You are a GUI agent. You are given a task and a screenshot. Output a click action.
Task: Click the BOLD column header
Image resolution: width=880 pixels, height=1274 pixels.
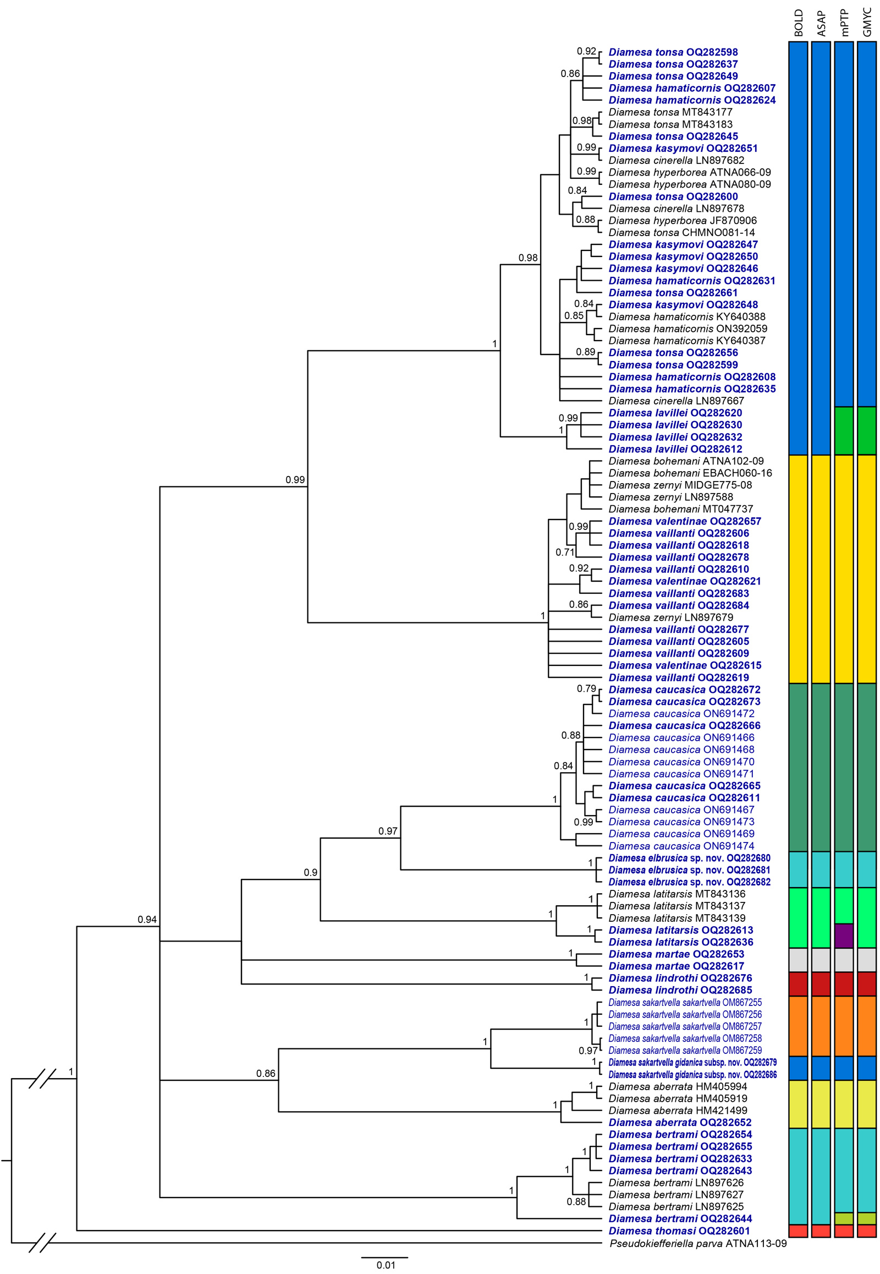(799, 23)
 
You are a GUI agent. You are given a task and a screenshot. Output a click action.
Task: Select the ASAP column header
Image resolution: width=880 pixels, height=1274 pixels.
(822, 24)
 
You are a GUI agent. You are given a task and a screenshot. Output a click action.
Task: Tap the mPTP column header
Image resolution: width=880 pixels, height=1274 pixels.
(844, 23)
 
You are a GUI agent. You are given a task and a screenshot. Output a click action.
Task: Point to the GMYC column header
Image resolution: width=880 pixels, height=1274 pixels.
(867, 23)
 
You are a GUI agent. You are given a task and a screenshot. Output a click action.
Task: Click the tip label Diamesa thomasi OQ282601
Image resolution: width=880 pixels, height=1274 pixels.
(679, 1231)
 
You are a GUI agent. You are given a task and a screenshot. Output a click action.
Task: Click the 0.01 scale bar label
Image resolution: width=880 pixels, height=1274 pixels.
(386, 1265)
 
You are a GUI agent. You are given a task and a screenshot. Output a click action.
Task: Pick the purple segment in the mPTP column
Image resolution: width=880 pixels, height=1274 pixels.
(844, 935)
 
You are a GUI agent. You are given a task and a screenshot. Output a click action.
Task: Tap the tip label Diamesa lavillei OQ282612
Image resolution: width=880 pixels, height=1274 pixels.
(675, 449)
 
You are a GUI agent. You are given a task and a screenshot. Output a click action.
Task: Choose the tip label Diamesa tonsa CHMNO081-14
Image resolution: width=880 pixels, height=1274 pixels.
(681, 233)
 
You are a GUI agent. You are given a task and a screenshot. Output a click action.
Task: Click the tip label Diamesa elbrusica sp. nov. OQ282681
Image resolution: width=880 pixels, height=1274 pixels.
(689, 870)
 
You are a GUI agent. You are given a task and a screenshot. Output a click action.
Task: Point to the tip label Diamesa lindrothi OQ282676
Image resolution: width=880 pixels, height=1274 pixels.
(680, 978)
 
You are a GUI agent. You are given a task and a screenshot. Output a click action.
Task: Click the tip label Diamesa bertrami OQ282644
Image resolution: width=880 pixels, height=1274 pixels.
(680, 1218)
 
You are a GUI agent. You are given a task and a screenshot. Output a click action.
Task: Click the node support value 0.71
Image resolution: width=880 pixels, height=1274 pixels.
(565, 553)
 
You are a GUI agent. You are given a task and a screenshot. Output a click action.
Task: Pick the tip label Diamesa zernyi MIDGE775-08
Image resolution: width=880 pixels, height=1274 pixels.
(680, 485)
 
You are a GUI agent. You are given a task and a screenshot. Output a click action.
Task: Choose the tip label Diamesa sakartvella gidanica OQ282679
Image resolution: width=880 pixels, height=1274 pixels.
(692, 1062)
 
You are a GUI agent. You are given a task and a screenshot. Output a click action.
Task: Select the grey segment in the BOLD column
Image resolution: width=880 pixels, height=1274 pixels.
(799, 960)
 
